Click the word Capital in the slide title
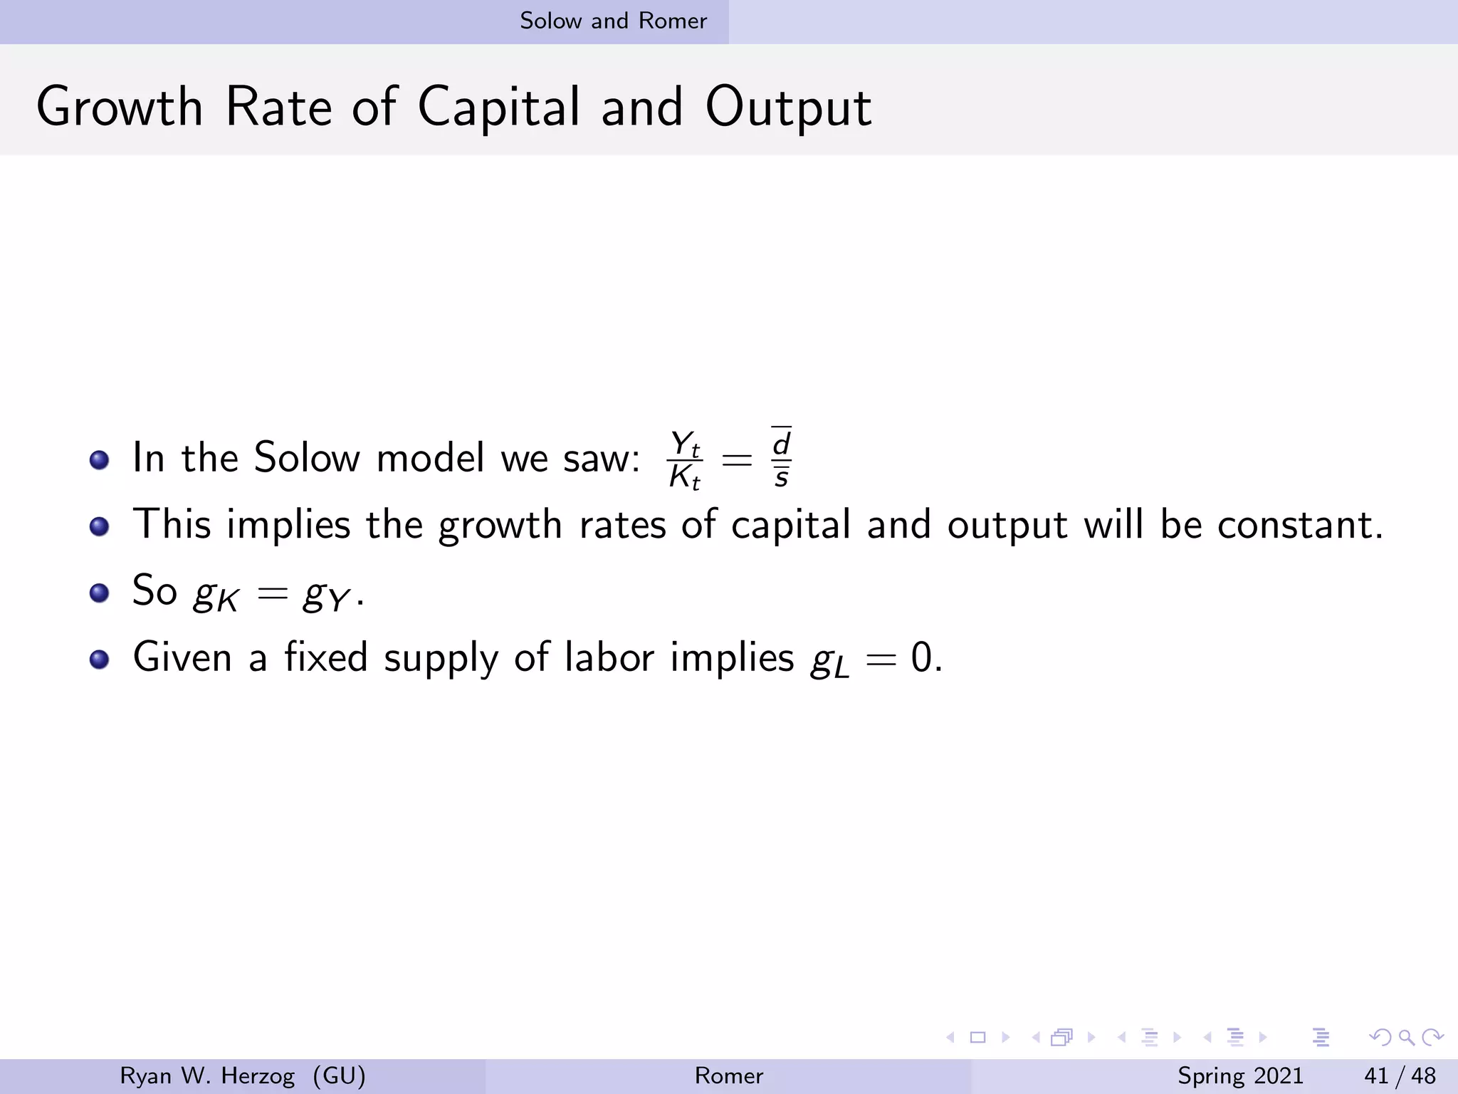[x=498, y=107]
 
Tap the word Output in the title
[x=788, y=107]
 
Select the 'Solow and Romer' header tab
[x=613, y=21]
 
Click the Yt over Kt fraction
[x=685, y=460]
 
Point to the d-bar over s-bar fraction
[x=781, y=458]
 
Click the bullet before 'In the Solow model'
[x=100, y=459]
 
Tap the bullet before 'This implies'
[x=100, y=526]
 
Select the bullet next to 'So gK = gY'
[x=100, y=593]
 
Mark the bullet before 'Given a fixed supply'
[x=100, y=659]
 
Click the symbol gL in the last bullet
[x=830, y=660]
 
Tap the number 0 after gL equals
[x=921, y=657]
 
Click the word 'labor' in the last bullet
[x=609, y=657]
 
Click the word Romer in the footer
[x=728, y=1075]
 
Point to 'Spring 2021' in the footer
[x=1240, y=1075]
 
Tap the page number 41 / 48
[x=1400, y=1075]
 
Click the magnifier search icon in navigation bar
[x=1406, y=1038]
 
